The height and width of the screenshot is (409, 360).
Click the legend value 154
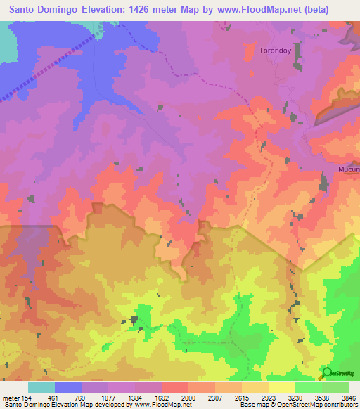[x=27, y=397]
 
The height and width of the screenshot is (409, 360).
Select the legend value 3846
[x=349, y=397]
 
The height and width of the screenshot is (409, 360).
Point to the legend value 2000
[x=188, y=397]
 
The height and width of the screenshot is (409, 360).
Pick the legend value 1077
[x=108, y=397]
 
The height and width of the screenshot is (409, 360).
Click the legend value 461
[x=53, y=397]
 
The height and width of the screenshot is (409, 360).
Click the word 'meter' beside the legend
[x=10, y=397]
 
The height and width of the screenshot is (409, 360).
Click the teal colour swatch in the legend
[x=41, y=387]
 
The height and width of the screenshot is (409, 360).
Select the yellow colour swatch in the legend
[x=282, y=387]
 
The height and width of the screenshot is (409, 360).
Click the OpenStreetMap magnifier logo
[x=326, y=372]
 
